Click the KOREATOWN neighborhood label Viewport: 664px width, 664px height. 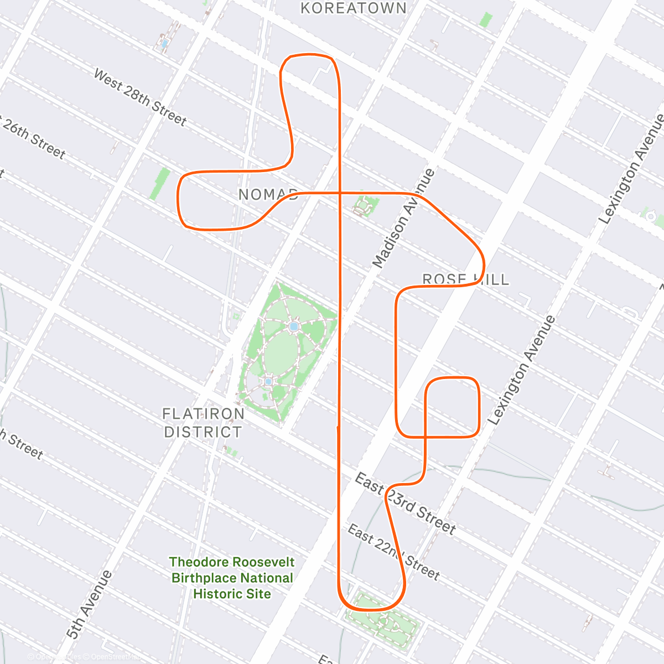(353, 8)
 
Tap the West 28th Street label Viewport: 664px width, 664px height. (140, 97)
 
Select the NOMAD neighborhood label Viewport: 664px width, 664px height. (268, 194)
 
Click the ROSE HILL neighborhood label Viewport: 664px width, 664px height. (465, 279)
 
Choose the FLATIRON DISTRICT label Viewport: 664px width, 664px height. (203, 423)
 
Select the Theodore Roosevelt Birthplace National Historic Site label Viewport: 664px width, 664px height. (232, 578)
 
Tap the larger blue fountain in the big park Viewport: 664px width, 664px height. (294, 327)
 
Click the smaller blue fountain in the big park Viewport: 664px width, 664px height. (268, 381)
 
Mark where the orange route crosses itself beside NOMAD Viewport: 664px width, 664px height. (339, 193)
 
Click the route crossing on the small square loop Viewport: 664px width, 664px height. (425, 437)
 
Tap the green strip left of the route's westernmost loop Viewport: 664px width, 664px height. (160, 184)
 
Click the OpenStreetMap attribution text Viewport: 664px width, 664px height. (111, 657)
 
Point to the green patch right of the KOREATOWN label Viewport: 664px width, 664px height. (485, 20)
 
